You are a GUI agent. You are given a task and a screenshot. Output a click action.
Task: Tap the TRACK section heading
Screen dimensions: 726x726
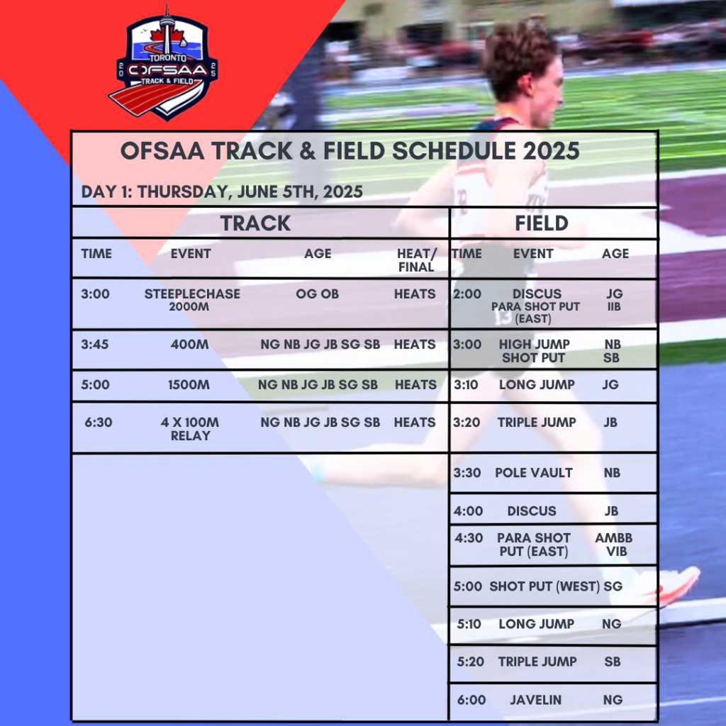pyautogui.click(x=255, y=223)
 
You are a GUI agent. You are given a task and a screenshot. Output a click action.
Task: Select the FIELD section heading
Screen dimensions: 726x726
pyautogui.click(x=541, y=223)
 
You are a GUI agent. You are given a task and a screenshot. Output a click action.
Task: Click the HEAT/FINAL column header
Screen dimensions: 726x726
pyautogui.click(x=415, y=260)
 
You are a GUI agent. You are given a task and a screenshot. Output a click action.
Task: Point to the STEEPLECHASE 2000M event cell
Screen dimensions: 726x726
pyautogui.click(x=191, y=300)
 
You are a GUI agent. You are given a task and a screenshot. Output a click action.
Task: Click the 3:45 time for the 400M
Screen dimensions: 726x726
pyautogui.click(x=95, y=345)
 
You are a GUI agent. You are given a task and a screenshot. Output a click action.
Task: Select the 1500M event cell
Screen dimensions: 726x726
pyautogui.click(x=189, y=385)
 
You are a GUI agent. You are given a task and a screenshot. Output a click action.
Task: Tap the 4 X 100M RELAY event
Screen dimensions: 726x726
pyautogui.click(x=190, y=429)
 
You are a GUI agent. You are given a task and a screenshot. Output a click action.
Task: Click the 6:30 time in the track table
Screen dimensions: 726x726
pyautogui.click(x=99, y=423)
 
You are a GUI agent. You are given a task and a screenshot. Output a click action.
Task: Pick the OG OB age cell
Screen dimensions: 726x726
pyautogui.click(x=317, y=294)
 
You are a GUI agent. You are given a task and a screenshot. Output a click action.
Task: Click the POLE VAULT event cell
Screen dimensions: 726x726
pyautogui.click(x=533, y=473)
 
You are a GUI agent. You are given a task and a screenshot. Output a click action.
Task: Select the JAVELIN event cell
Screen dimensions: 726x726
pyautogui.click(x=535, y=700)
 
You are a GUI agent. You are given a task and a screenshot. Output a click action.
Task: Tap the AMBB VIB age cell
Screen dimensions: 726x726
pyautogui.click(x=614, y=544)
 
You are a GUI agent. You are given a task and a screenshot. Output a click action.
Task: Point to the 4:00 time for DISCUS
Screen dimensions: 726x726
pyautogui.click(x=467, y=511)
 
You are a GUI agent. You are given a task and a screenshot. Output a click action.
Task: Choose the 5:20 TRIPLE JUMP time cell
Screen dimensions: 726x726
pyautogui.click(x=471, y=661)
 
